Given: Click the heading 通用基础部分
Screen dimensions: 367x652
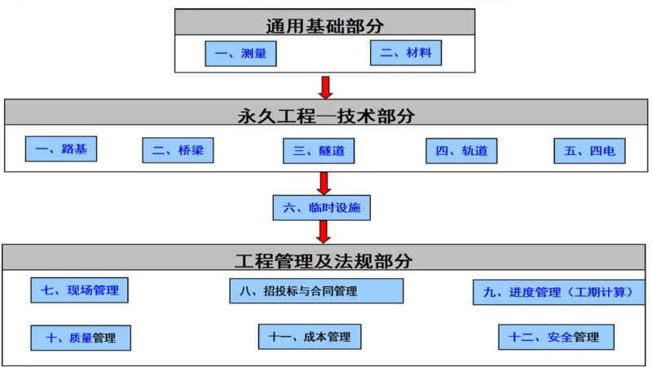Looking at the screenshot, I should (x=324, y=24).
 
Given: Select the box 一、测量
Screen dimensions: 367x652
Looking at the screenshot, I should (x=240, y=55).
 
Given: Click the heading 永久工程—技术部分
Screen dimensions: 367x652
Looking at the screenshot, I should (x=326, y=115).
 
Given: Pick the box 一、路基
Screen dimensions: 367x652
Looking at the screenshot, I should (x=61, y=149).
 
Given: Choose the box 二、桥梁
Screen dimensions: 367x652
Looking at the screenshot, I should (x=178, y=151).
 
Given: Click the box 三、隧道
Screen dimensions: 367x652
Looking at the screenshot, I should (x=319, y=151).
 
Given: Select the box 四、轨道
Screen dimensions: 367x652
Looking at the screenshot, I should (x=461, y=151).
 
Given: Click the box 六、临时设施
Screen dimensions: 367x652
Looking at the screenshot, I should (x=322, y=208).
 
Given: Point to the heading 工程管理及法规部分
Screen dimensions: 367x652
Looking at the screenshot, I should (x=324, y=261).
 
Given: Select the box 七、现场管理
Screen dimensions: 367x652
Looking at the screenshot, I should (x=79, y=290).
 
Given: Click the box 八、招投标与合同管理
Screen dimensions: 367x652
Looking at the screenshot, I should (x=316, y=291).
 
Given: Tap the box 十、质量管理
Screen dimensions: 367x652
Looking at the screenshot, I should (x=81, y=337).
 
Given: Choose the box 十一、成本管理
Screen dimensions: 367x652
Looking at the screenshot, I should (x=310, y=336).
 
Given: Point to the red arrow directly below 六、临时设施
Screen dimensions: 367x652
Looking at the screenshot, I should (x=324, y=232).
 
